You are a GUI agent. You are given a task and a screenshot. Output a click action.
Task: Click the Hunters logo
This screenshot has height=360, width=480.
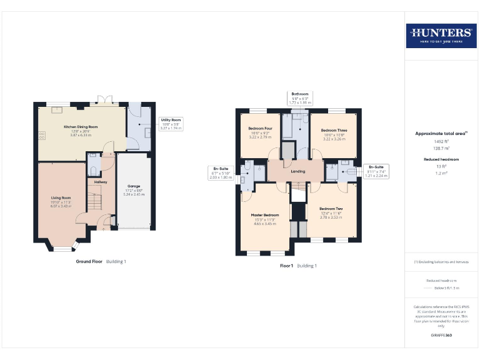(441, 36)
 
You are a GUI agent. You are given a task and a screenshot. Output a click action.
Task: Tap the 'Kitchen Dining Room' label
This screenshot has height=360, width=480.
(81, 127)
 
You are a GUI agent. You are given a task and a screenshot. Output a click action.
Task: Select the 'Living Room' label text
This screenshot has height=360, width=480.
(61, 197)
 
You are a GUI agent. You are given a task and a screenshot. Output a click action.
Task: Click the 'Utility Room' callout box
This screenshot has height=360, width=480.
(171, 123)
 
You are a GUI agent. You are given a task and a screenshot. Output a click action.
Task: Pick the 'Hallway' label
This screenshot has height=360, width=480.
(101, 182)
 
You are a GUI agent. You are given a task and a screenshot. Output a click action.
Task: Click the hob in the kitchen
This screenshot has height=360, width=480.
(42, 134)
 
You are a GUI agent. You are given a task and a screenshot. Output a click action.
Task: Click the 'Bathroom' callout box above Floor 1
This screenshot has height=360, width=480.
(300, 97)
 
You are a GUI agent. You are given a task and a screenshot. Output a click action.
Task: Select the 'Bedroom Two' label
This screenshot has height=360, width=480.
(331, 209)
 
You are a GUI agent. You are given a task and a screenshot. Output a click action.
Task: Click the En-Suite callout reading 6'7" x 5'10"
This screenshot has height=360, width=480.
(220, 173)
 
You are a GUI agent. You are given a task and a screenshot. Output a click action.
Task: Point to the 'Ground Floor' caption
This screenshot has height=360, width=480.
(89, 261)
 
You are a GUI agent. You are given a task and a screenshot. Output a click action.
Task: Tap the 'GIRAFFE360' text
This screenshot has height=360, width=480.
(441, 336)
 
